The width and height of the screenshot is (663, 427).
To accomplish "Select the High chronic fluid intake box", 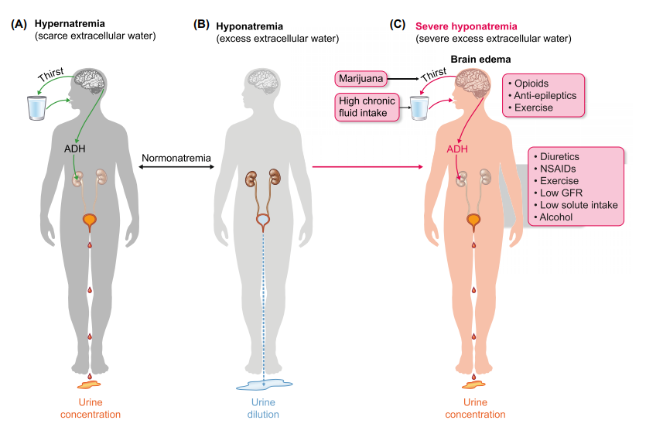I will point(367,108).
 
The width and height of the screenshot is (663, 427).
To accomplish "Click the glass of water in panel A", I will point(36,108).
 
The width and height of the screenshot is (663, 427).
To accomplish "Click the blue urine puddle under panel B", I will point(265,384).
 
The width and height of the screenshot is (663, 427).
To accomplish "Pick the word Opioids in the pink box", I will point(531,83).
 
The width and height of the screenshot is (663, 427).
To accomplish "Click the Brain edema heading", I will point(480,60).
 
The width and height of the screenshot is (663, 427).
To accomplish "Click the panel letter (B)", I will point(201,25).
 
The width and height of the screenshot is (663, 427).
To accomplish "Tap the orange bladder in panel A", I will point(91,222).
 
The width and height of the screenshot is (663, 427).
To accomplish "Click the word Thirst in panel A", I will point(52,74).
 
